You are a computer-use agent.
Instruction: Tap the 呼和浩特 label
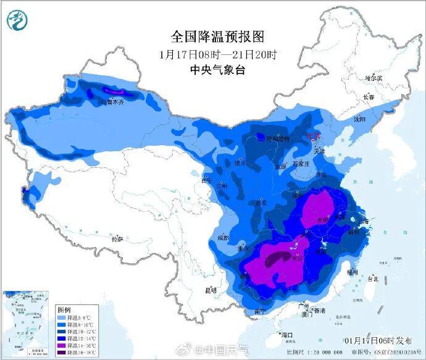point(277,140)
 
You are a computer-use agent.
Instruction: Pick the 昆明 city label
point(211,290)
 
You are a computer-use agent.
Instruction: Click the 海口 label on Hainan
point(286,335)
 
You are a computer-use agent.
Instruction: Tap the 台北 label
point(373,278)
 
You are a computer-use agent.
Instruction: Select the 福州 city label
point(353,271)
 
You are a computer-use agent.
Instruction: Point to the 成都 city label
point(223,238)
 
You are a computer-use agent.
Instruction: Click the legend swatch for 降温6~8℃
point(62,316)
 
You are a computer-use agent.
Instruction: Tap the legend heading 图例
point(65,308)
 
